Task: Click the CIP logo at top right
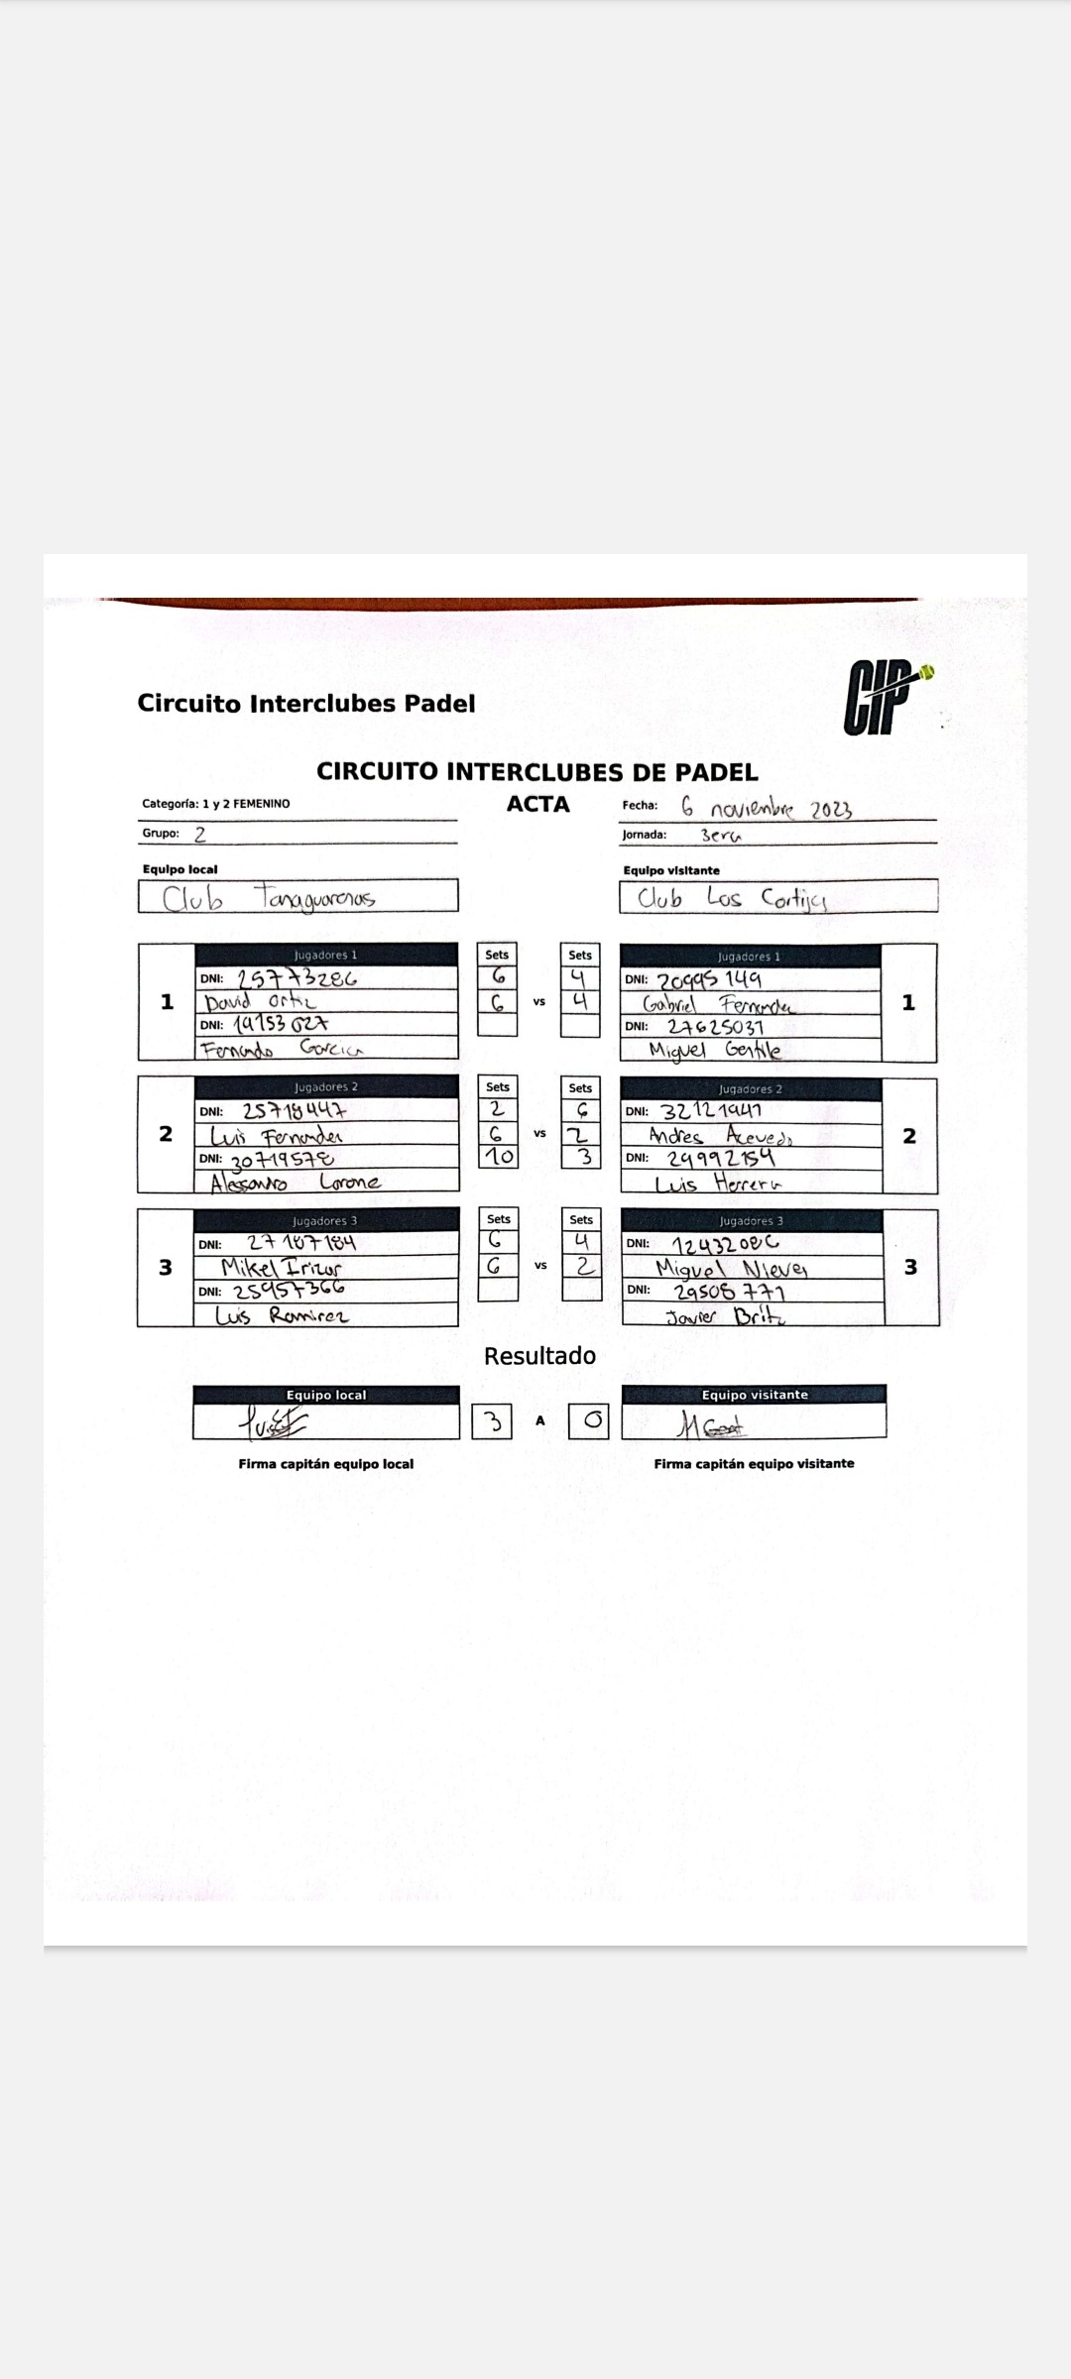click(886, 699)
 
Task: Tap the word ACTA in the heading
click(537, 804)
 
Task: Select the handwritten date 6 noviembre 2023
click(766, 808)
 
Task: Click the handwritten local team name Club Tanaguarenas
click(269, 898)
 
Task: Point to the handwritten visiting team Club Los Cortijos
click(732, 898)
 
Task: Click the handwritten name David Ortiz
click(260, 1001)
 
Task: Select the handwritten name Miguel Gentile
click(714, 1050)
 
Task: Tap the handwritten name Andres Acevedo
click(720, 1136)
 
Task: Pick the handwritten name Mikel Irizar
click(281, 1267)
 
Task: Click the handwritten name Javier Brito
click(726, 1316)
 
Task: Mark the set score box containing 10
click(498, 1156)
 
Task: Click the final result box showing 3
click(492, 1422)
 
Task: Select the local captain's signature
click(273, 1424)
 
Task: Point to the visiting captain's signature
click(711, 1425)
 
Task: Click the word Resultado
click(539, 1356)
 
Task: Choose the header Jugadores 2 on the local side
click(325, 1087)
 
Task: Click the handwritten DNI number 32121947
click(711, 1111)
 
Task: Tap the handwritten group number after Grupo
click(200, 834)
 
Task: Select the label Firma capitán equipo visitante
click(754, 1464)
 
